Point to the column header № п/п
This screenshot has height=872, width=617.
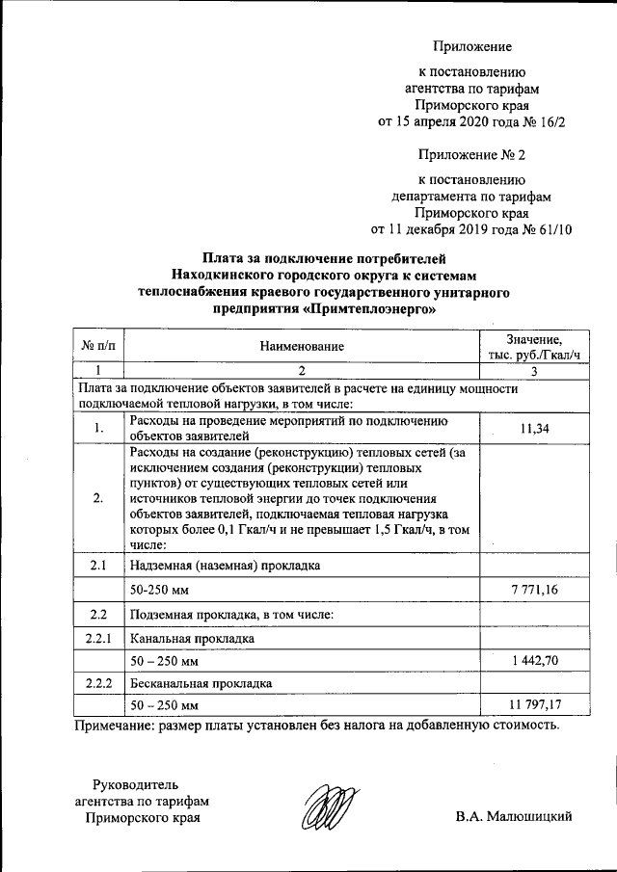coord(98,344)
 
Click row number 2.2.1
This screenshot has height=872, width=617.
coord(98,637)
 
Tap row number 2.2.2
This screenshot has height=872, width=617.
coord(98,683)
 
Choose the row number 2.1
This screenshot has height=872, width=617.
coord(98,565)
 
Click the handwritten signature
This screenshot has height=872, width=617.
coord(327,806)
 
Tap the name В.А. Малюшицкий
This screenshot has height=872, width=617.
coord(514,817)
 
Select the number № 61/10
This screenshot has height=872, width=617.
coord(546,228)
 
